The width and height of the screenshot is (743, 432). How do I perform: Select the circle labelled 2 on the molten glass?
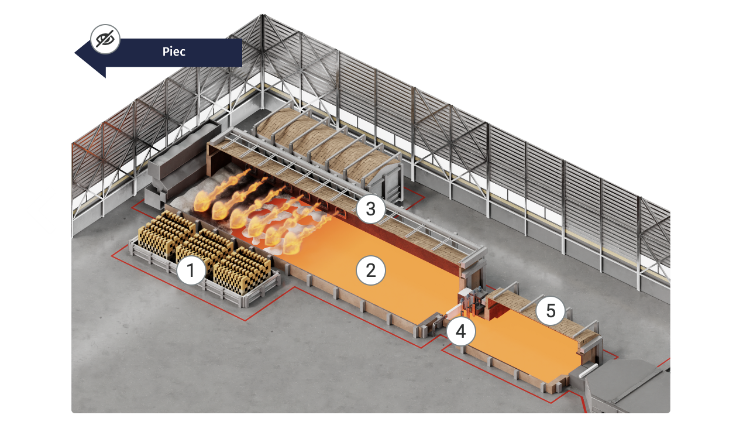point(370,270)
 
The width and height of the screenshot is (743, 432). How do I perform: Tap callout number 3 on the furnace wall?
point(370,209)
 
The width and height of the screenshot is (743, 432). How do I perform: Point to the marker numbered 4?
point(461,331)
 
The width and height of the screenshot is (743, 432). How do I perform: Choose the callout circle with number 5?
point(551,311)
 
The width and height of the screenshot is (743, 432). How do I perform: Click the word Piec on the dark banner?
point(174,52)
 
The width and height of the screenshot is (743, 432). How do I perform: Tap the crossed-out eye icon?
point(105,40)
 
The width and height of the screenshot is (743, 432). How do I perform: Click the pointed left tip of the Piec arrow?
point(77,53)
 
